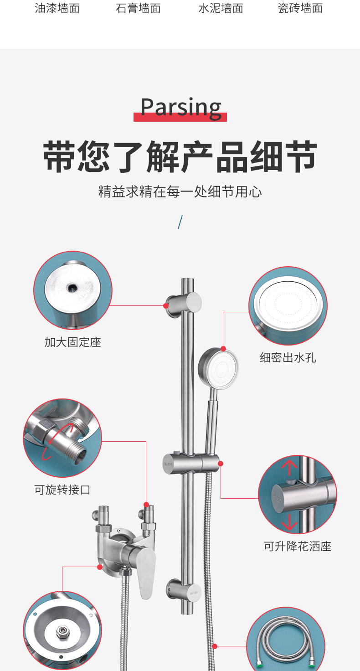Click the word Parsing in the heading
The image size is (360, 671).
tap(180, 108)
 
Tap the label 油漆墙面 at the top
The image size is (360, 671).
tap(57, 8)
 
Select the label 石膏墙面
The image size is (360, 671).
tap(138, 8)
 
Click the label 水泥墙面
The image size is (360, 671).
tap(221, 8)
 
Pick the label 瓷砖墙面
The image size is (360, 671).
tap(300, 8)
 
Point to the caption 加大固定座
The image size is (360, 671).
tap(72, 342)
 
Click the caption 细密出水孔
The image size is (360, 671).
tap(288, 358)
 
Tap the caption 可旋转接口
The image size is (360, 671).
tap(62, 490)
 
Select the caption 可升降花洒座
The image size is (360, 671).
tap(298, 546)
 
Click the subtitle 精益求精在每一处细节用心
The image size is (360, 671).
tap(180, 191)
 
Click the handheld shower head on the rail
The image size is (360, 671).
tap(218, 368)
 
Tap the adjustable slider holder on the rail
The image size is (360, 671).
tap(190, 464)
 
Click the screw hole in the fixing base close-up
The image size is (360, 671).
tap(72, 287)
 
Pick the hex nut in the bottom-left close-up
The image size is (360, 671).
tap(61, 631)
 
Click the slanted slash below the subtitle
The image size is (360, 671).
tap(180, 222)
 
